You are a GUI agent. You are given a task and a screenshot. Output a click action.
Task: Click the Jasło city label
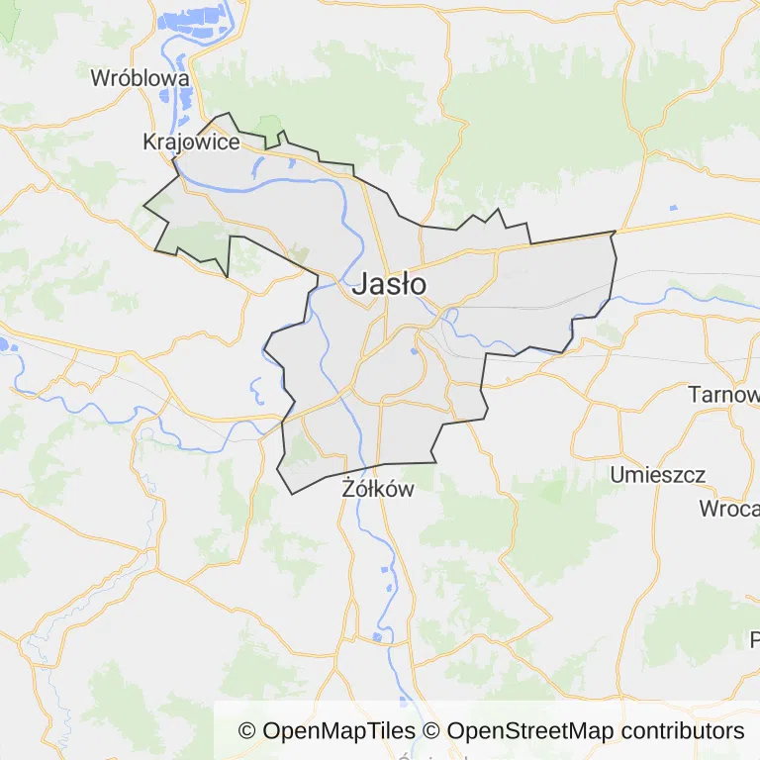(x=389, y=284)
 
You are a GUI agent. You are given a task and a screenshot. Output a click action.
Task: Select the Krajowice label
(x=191, y=142)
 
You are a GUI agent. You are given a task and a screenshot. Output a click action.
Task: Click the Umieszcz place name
(x=658, y=475)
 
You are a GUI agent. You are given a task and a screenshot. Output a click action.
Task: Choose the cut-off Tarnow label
(x=723, y=395)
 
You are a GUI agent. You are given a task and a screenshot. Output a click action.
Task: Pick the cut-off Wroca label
(x=728, y=510)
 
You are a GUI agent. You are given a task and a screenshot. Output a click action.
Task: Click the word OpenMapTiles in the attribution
(x=338, y=731)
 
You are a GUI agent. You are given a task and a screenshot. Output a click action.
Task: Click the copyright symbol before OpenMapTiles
(x=247, y=731)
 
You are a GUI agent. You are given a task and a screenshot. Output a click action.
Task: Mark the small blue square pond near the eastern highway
(x=673, y=208)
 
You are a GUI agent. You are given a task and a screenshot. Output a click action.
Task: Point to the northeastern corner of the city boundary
(x=614, y=233)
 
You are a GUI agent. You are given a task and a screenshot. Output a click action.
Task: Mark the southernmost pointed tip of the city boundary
(x=292, y=494)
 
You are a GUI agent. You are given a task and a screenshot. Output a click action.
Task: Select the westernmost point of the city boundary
(x=144, y=207)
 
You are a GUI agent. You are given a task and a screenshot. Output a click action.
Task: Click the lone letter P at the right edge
(x=754, y=638)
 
